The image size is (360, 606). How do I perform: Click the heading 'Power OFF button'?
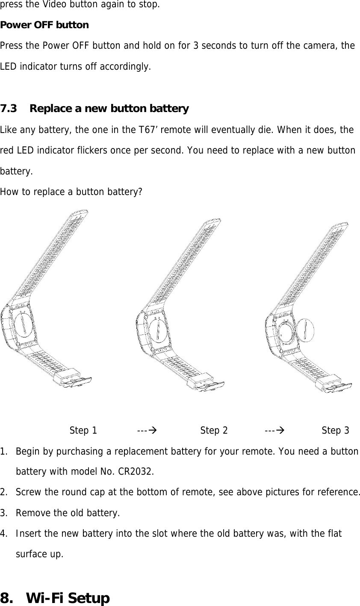pyautogui.click(x=44, y=25)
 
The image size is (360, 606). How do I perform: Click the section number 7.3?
pyautogui.click(x=9, y=109)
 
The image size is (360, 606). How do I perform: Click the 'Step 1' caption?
pyautogui.click(x=83, y=430)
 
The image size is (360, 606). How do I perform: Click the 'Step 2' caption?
pyautogui.click(x=214, y=430)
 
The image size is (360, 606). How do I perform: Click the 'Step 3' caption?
pyautogui.click(x=335, y=430)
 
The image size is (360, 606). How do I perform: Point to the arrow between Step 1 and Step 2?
pyautogui.click(x=146, y=430)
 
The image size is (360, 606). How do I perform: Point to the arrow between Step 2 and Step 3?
pyautogui.click(x=273, y=430)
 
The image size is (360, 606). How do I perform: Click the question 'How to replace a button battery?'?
pyautogui.click(x=71, y=192)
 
